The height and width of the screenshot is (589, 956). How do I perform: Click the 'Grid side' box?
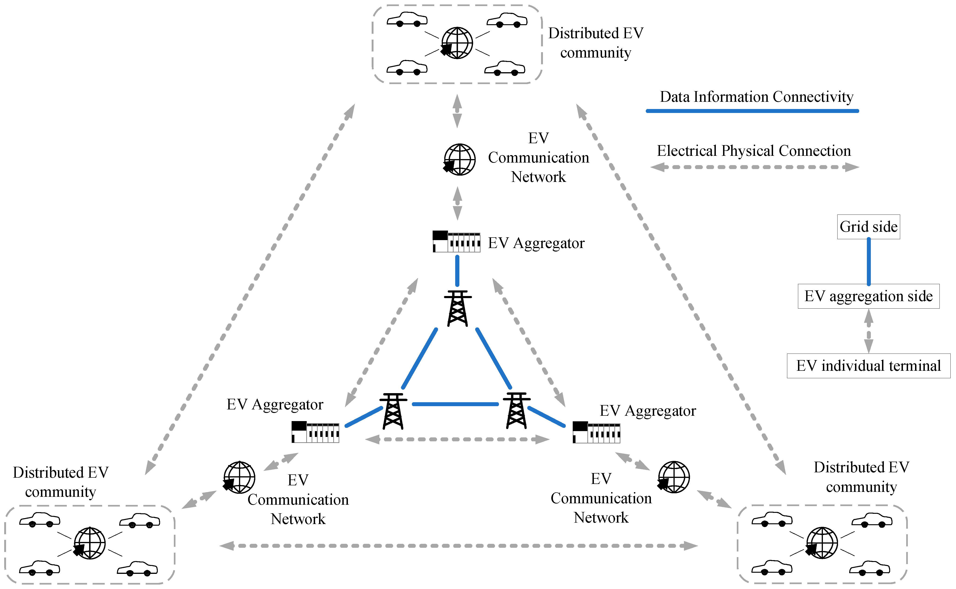[x=868, y=227]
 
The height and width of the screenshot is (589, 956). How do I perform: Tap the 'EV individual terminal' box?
[x=868, y=366]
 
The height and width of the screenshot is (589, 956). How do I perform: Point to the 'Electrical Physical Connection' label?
[x=754, y=151]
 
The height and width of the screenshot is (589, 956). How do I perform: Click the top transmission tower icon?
[x=458, y=308]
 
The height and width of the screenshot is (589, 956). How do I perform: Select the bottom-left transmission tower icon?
[x=393, y=411]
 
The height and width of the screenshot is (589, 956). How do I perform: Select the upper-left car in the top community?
[x=407, y=20]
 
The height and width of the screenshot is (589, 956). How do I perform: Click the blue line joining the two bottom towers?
[x=455, y=404]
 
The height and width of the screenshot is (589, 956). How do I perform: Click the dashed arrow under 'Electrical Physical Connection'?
[x=755, y=167]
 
